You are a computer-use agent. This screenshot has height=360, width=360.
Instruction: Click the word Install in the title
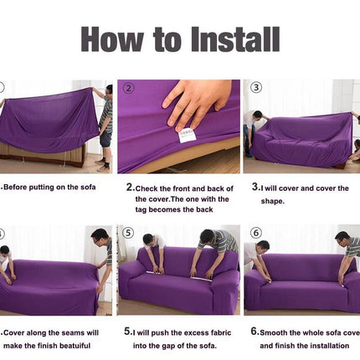[235, 39]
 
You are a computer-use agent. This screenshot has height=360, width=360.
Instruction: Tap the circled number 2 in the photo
[129, 88]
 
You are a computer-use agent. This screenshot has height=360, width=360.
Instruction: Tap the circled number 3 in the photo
[256, 87]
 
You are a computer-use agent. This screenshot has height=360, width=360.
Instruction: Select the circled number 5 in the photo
[128, 233]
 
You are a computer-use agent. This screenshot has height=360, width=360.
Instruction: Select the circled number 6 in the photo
[255, 233]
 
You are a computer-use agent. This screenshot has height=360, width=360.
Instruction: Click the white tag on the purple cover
[186, 135]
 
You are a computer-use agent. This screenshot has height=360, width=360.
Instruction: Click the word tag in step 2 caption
[141, 210]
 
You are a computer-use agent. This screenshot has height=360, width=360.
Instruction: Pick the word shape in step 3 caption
[271, 201]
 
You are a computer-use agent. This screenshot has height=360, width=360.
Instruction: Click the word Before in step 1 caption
[15, 187]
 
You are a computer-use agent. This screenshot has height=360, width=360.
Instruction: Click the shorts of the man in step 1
[105, 139]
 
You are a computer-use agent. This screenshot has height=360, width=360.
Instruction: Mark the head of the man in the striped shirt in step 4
[100, 237]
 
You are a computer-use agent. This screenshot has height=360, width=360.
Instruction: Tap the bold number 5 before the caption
[127, 332]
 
